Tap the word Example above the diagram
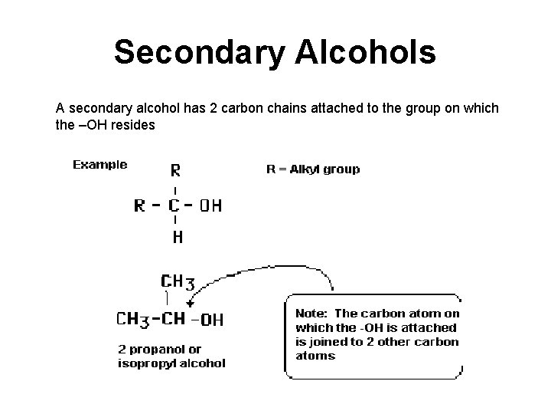point(99,164)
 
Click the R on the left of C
point(140,205)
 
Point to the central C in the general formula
point(175,205)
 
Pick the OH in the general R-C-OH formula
point(210,205)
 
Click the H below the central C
point(176,238)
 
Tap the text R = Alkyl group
point(312,169)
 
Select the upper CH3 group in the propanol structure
point(177,282)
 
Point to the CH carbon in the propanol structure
point(175,318)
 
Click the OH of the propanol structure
point(211,320)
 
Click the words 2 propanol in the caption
point(159,350)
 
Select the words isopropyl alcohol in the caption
point(171,363)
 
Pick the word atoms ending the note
point(315,356)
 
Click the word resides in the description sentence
point(135,125)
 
